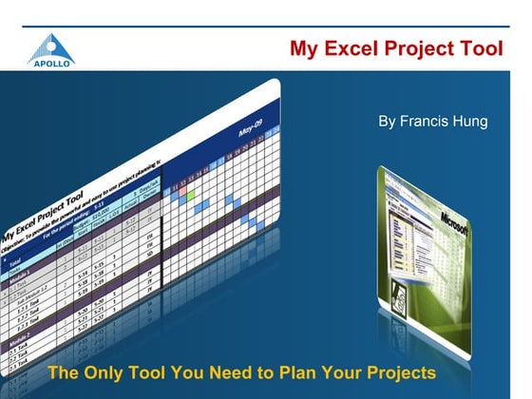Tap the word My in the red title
(305, 48)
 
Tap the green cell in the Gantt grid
(192, 195)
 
